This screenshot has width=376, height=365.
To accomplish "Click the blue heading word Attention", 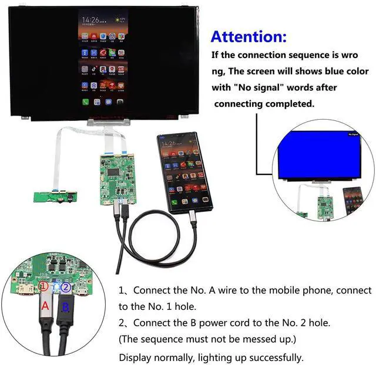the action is coord(249,37).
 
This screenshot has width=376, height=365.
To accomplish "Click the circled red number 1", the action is coord(43,287).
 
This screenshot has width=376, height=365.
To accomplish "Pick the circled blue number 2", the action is coord(66,288).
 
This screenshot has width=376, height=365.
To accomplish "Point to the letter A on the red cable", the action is coord(45,306).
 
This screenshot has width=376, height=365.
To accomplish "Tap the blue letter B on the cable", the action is coord(66,307).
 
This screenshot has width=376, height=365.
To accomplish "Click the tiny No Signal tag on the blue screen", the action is coord(352,134).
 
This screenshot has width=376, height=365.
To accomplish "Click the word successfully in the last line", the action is coord(274,357).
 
